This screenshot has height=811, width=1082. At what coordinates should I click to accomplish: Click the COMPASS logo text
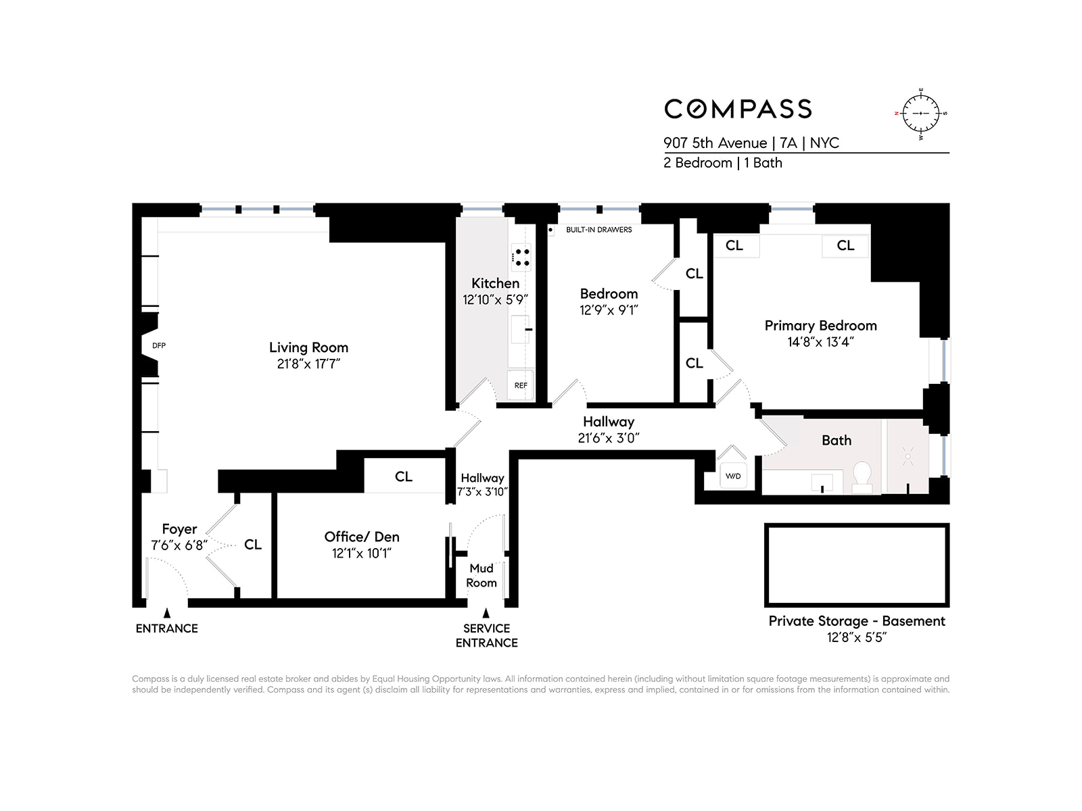(738, 109)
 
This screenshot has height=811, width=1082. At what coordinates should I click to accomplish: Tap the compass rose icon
(921, 114)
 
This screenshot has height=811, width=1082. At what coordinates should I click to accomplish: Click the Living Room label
(308, 347)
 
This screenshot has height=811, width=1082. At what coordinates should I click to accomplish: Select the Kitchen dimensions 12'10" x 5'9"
(495, 299)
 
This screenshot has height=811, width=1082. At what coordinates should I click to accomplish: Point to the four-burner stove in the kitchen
(521, 257)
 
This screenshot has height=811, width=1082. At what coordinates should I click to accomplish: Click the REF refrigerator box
(520, 385)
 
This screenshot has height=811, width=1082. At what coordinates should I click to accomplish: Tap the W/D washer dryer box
(733, 476)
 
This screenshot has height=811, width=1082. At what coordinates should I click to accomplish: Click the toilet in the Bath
(862, 474)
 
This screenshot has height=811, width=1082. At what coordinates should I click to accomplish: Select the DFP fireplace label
(159, 345)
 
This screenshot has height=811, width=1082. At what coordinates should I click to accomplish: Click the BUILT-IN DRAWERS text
(598, 230)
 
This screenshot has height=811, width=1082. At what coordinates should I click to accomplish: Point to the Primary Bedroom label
(820, 326)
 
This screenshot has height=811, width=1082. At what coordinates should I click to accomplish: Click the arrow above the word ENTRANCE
(167, 613)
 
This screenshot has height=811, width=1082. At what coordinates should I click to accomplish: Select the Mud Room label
(481, 575)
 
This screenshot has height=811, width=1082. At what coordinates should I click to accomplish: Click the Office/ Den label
(362, 537)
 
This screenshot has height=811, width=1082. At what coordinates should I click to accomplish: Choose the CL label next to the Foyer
(253, 545)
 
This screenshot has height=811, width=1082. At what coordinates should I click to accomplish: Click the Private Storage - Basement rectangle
(857, 565)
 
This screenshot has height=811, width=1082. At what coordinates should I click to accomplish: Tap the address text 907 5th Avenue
(715, 143)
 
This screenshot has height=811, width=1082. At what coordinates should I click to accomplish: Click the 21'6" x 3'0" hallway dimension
(609, 438)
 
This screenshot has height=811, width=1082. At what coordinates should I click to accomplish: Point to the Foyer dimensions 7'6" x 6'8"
(179, 545)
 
